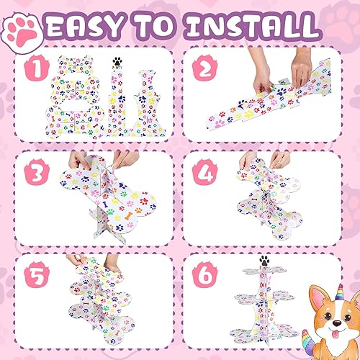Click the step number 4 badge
[x=204, y=174]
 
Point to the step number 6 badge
[x=204, y=274]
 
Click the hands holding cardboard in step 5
[x=90, y=261]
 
